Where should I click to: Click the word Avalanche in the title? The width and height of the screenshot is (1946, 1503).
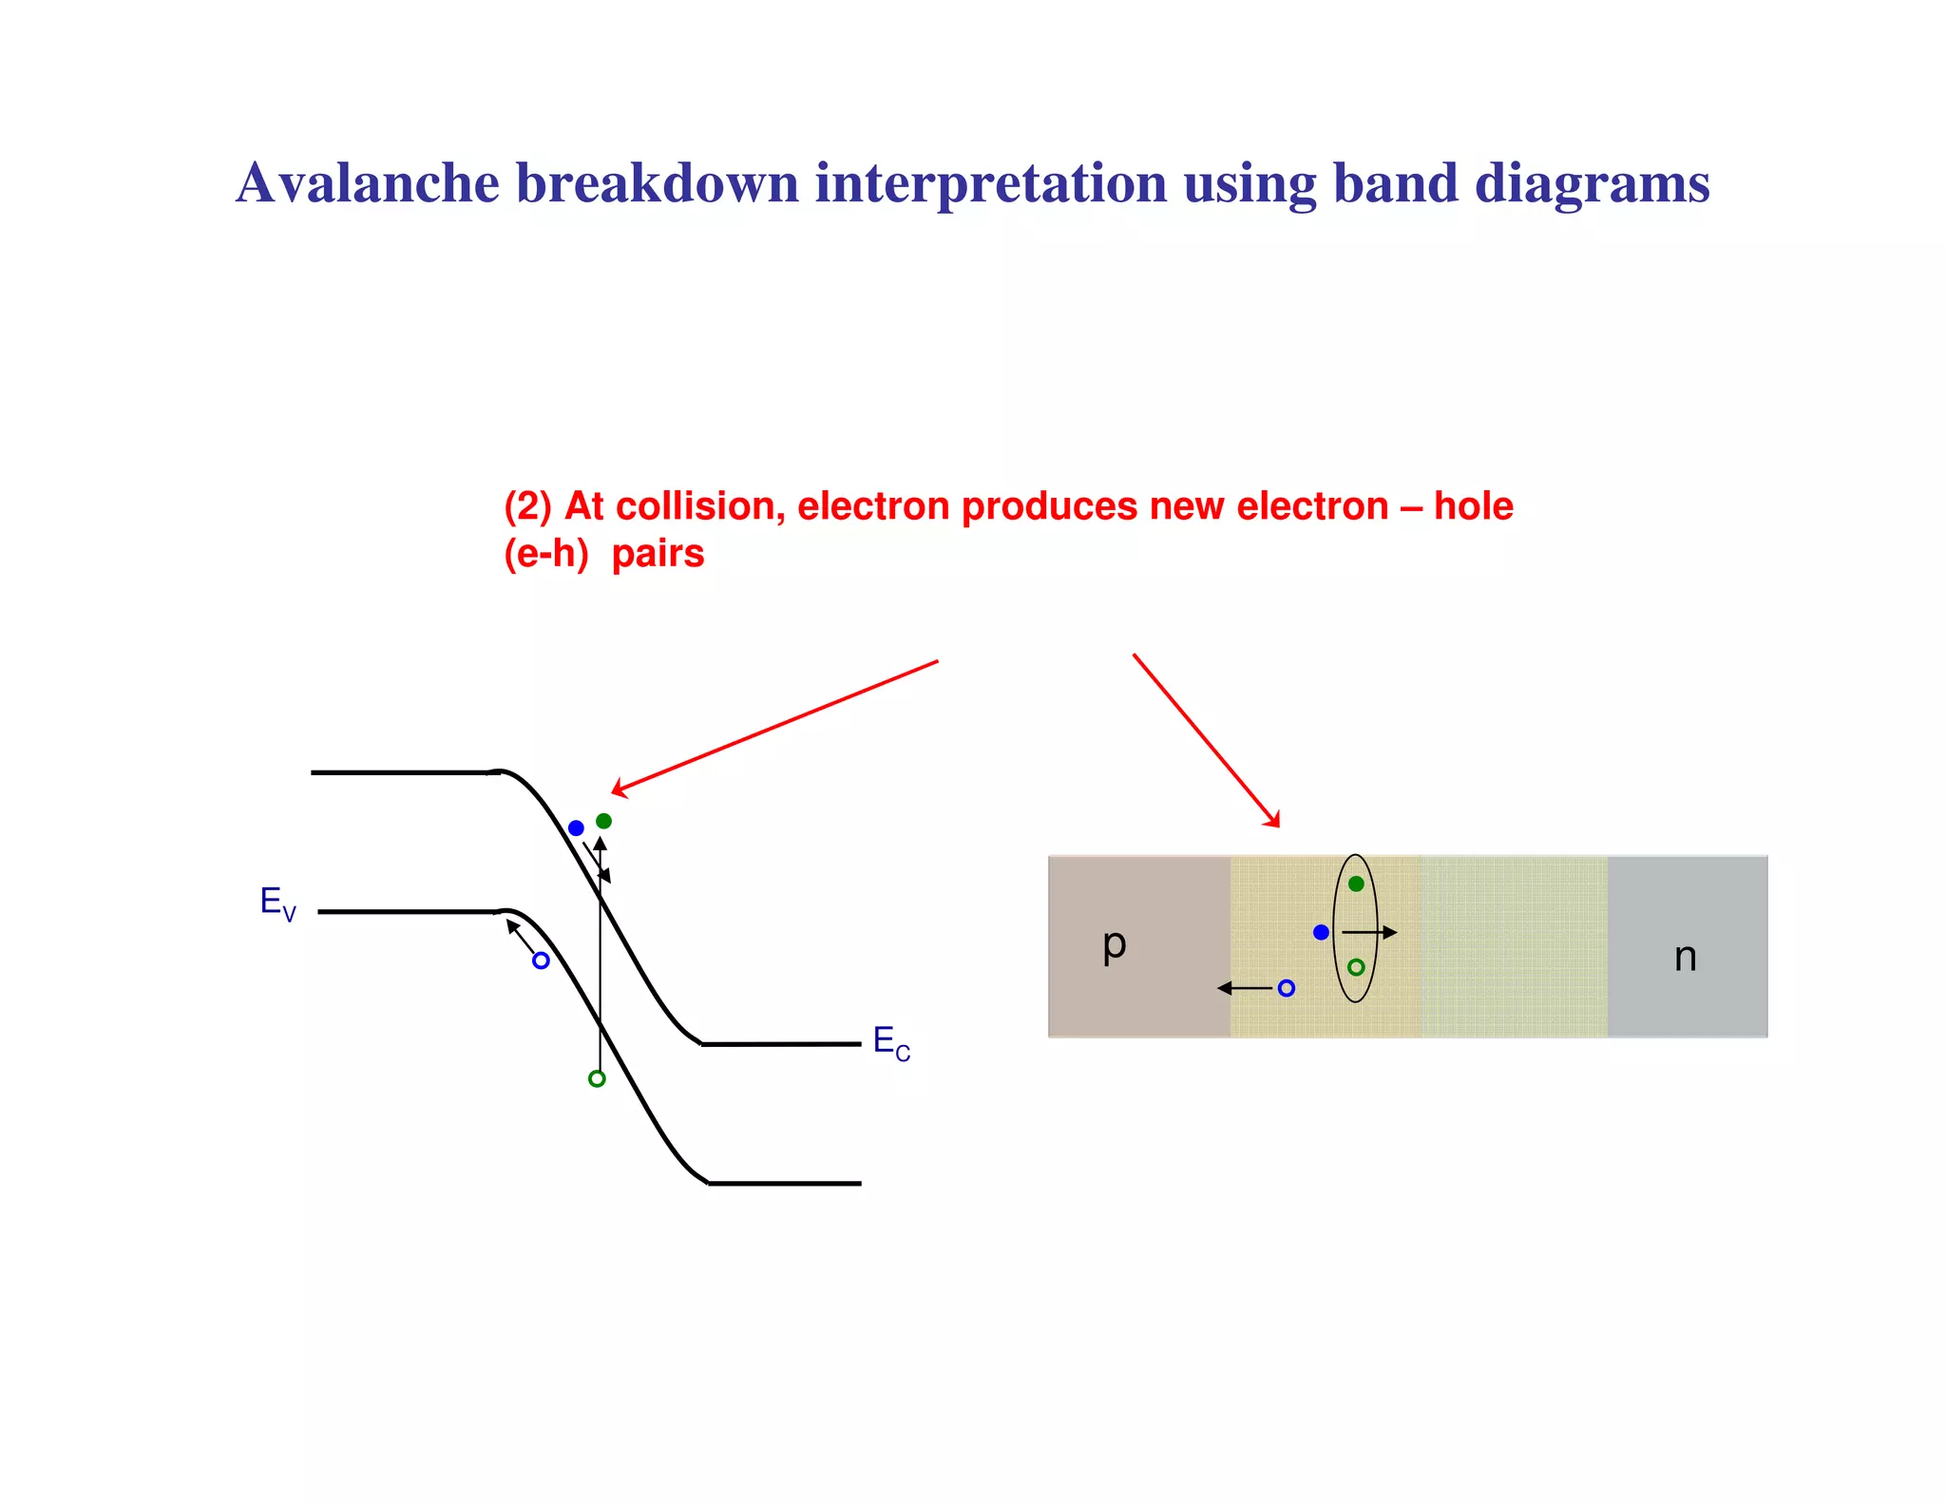(x=368, y=182)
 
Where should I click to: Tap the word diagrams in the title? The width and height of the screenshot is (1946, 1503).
(x=1592, y=182)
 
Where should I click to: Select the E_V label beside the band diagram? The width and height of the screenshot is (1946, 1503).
(x=277, y=902)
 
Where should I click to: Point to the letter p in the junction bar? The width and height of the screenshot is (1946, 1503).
(x=1115, y=944)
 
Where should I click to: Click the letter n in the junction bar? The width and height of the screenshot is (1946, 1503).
(x=1685, y=957)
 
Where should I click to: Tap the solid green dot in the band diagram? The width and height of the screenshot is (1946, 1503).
(x=603, y=821)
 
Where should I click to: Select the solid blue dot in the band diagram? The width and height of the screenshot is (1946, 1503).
(x=576, y=828)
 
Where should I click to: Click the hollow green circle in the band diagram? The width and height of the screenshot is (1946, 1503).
(x=597, y=1078)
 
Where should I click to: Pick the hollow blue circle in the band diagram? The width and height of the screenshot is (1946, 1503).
(x=541, y=961)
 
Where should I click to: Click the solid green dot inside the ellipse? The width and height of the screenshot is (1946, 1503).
(x=1356, y=884)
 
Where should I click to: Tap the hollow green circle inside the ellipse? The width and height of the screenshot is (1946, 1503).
(x=1356, y=967)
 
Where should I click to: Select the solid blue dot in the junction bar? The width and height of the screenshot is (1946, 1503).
(x=1321, y=932)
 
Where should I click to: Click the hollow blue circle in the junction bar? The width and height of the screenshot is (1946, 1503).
(x=1287, y=988)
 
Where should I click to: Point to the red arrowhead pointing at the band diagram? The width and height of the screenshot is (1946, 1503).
(x=619, y=789)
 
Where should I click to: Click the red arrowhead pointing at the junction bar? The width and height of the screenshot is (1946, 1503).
(x=1273, y=820)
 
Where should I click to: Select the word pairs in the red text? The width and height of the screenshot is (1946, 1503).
(x=658, y=554)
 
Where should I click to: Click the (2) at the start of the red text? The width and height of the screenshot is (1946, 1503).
(x=527, y=506)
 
